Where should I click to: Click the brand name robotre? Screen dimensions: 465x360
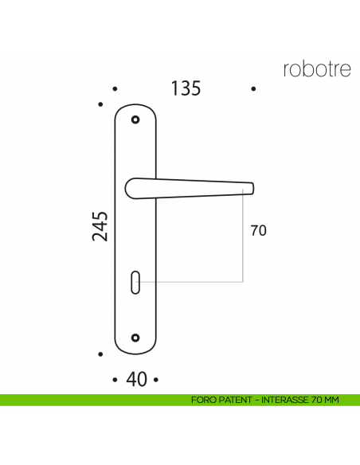pos(316,69)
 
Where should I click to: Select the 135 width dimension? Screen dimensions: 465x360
pos(186,88)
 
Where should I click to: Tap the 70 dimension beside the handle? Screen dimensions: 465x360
pos(258,232)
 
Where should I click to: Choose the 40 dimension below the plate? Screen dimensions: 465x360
pos(136,380)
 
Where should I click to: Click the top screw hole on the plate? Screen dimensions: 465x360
pos(136,120)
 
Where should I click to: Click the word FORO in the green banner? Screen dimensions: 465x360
pos(202,400)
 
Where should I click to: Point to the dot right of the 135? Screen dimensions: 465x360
pos(253,89)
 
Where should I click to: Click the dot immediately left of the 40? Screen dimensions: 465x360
pos(116,380)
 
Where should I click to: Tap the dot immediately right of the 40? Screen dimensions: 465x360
pos(157,380)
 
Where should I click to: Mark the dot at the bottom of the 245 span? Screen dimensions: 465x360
pos(100,354)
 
